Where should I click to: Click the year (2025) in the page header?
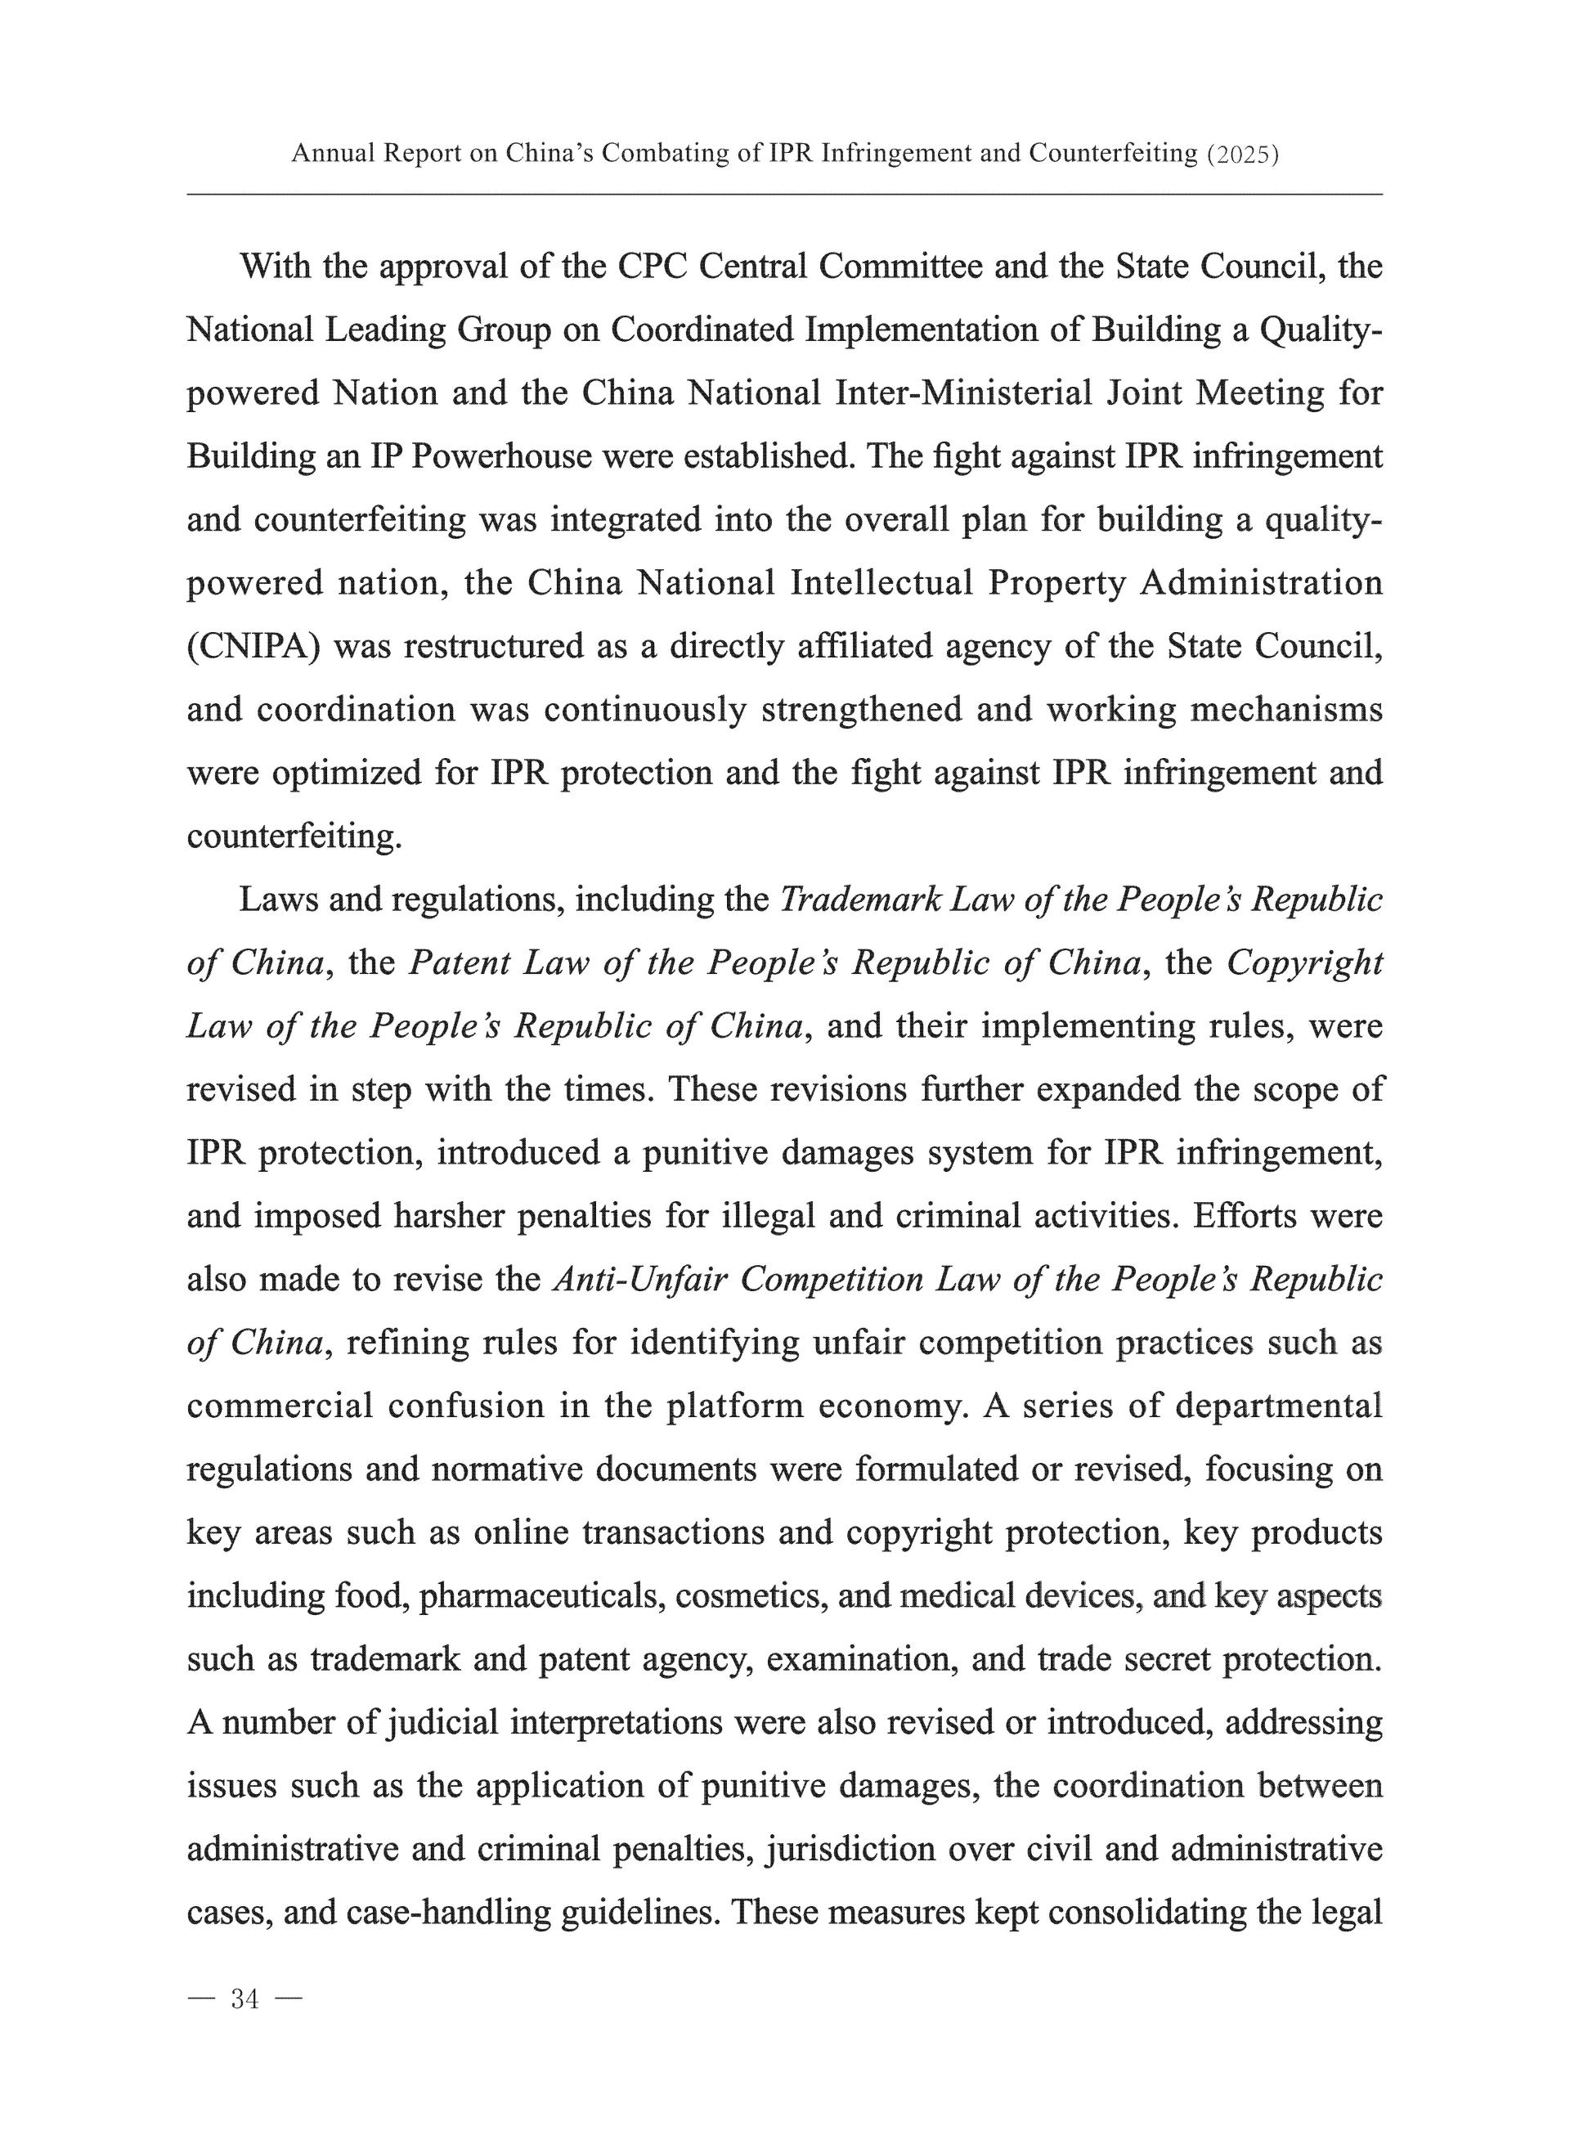1241,154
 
